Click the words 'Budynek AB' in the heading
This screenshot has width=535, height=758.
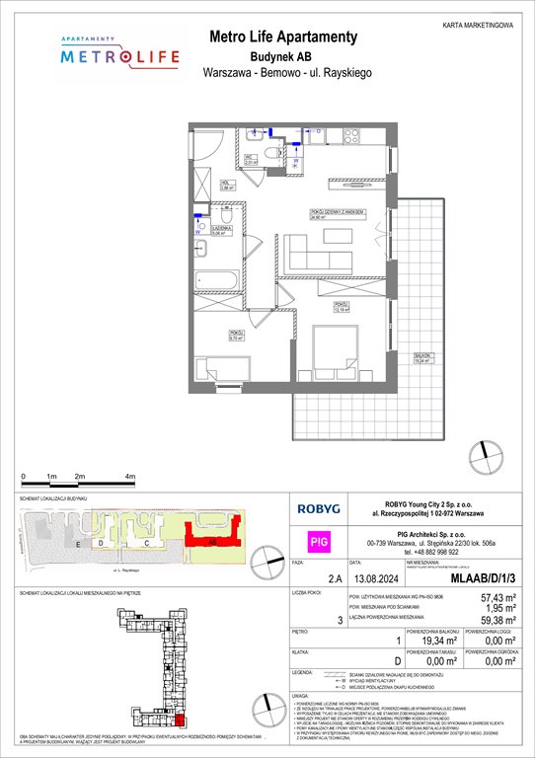point(283,56)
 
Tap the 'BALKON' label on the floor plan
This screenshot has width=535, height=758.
point(421,360)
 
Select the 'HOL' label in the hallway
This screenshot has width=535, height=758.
point(224,182)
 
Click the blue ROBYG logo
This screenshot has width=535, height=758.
point(321,508)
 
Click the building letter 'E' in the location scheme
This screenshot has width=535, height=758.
point(76,544)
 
